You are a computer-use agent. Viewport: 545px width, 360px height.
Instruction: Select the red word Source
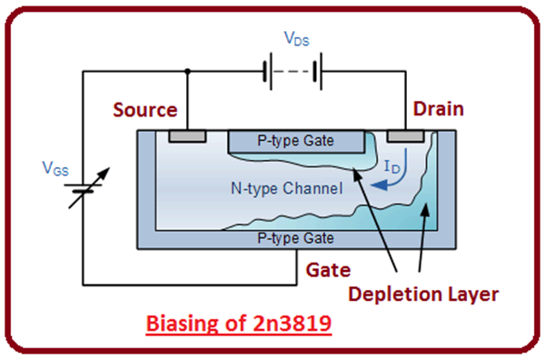pyautogui.click(x=144, y=110)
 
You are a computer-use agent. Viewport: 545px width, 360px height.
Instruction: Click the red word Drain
pyautogui.click(x=438, y=109)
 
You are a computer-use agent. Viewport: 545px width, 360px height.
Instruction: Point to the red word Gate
pyautogui.click(x=328, y=271)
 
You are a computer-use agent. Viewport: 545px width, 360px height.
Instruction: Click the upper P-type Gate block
pyautogui.click(x=296, y=141)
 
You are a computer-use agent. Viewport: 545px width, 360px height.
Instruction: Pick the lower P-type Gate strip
pyautogui.click(x=296, y=238)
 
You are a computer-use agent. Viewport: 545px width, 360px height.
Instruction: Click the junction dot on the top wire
pyautogui.click(x=186, y=70)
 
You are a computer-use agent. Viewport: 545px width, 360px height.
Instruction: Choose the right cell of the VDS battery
pyautogui.click(x=315, y=70)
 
